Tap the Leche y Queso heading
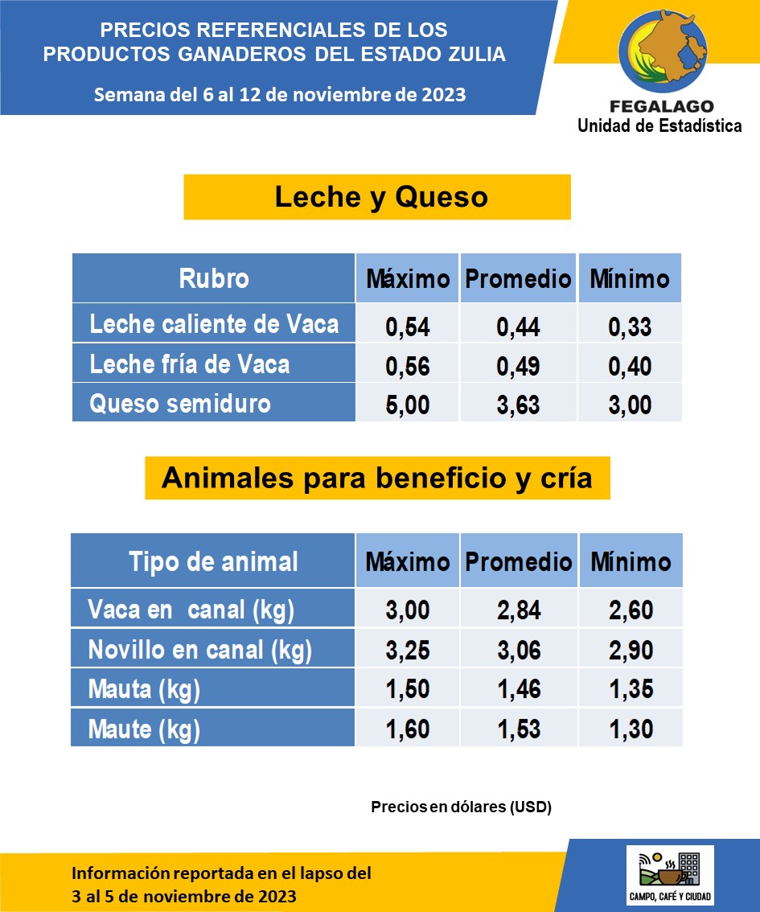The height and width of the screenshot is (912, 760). tap(380, 197)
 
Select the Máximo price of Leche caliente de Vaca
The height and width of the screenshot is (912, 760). tap(408, 327)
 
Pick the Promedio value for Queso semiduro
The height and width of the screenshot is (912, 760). tap(518, 405)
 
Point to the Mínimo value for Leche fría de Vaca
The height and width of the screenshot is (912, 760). tap(630, 367)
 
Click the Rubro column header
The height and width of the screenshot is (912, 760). tap(213, 278)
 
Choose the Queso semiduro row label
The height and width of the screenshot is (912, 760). tap(180, 403)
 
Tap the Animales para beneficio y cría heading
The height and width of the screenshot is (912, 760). tap(376, 479)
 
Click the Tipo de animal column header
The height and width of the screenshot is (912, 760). tap(213, 561)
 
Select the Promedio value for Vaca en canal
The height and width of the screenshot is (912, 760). tap(519, 610)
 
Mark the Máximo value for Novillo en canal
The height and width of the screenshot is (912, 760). tap(408, 649)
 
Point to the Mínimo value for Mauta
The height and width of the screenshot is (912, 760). tap(631, 689)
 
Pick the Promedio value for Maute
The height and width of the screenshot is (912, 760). tap(519, 729)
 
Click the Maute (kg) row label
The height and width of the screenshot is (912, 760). tap(144, 729)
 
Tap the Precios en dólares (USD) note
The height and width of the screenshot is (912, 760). tap(461, 807)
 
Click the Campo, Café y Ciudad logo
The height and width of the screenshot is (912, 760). tap(670, 875)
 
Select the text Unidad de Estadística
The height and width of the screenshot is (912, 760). tap(659, 125)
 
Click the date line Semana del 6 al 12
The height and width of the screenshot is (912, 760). tap(280, 94)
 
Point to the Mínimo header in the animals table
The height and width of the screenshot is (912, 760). tap(631, 561)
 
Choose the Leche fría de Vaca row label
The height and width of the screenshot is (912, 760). tap(190, 364)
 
